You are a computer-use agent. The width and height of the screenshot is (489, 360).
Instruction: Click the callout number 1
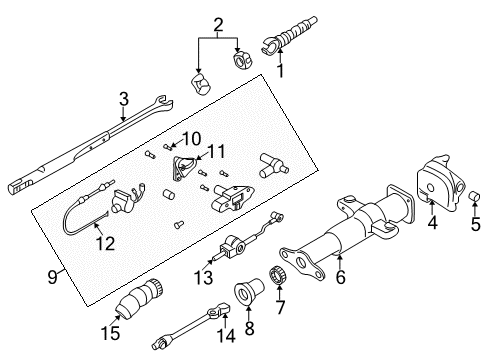click(x=281, y=71)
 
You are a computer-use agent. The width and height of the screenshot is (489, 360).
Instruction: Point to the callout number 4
click(x=432, y=225)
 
